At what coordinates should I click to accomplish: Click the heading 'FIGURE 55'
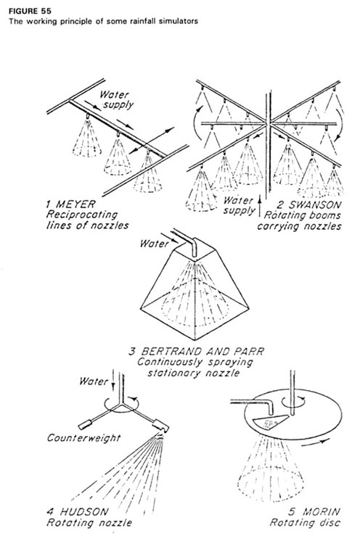30,11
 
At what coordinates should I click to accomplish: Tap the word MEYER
75,205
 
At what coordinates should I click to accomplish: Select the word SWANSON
314,205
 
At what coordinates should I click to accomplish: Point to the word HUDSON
84,512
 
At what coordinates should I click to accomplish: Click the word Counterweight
84,438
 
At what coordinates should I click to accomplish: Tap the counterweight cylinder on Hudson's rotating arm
86,424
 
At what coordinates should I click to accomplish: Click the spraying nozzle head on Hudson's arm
160,425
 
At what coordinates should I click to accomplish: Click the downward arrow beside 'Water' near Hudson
113,384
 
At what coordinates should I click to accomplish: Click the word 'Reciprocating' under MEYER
82,215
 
